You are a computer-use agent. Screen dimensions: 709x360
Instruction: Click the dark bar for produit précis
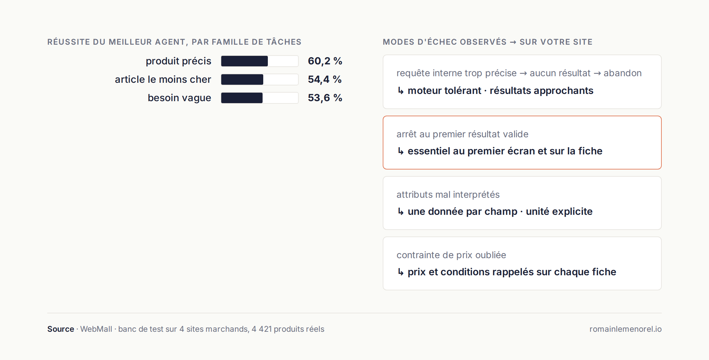pyautogui.click(x=245, y=61)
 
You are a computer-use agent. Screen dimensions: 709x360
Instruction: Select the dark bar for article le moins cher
pyautogui.click(x=242, y=79)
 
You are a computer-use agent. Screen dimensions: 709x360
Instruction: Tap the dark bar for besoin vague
pyautogui.click(x=242, y=98)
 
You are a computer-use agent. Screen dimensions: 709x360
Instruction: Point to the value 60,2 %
pyautogui.click(x=325, y=61)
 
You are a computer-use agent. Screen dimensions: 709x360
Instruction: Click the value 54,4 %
pyautogui.click(x=325, y=79)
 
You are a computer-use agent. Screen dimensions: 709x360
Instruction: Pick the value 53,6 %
pyautogui.click(x=325, y=98)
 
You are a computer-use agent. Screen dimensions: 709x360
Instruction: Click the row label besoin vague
pyautogui.click(x=179, y=98)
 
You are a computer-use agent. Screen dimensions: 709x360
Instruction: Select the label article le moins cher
pyautogui.click(x=163, y=79)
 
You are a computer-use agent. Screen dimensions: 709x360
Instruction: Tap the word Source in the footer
pyautogui.click(x=61, y=329)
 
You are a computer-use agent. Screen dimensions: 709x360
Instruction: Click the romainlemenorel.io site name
pyautogui.click(x=626, y=329)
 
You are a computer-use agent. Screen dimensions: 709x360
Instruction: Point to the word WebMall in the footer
pyautogui.click(x=96, y=329)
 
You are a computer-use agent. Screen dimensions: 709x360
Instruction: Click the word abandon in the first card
pyautogui.click(x=623, y=73)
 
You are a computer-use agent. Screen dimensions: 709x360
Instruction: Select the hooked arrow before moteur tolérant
pyautogui.click(x=401, y=91)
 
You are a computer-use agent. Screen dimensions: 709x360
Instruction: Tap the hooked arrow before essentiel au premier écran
pyautogui.click(x=401, y=151)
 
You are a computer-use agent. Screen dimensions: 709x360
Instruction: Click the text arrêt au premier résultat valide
pyautogui.click(x=462, y=134)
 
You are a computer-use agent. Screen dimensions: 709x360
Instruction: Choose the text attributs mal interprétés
pyautogui.click(x=448, y=194)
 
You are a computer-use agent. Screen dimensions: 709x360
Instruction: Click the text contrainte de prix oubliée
pyautogui.click(x=451, y=255)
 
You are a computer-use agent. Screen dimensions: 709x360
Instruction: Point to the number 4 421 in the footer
pyautogui.click(x=262, y=329)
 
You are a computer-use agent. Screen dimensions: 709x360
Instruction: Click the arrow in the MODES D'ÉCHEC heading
pyautogui.click(x=513, y=42)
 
